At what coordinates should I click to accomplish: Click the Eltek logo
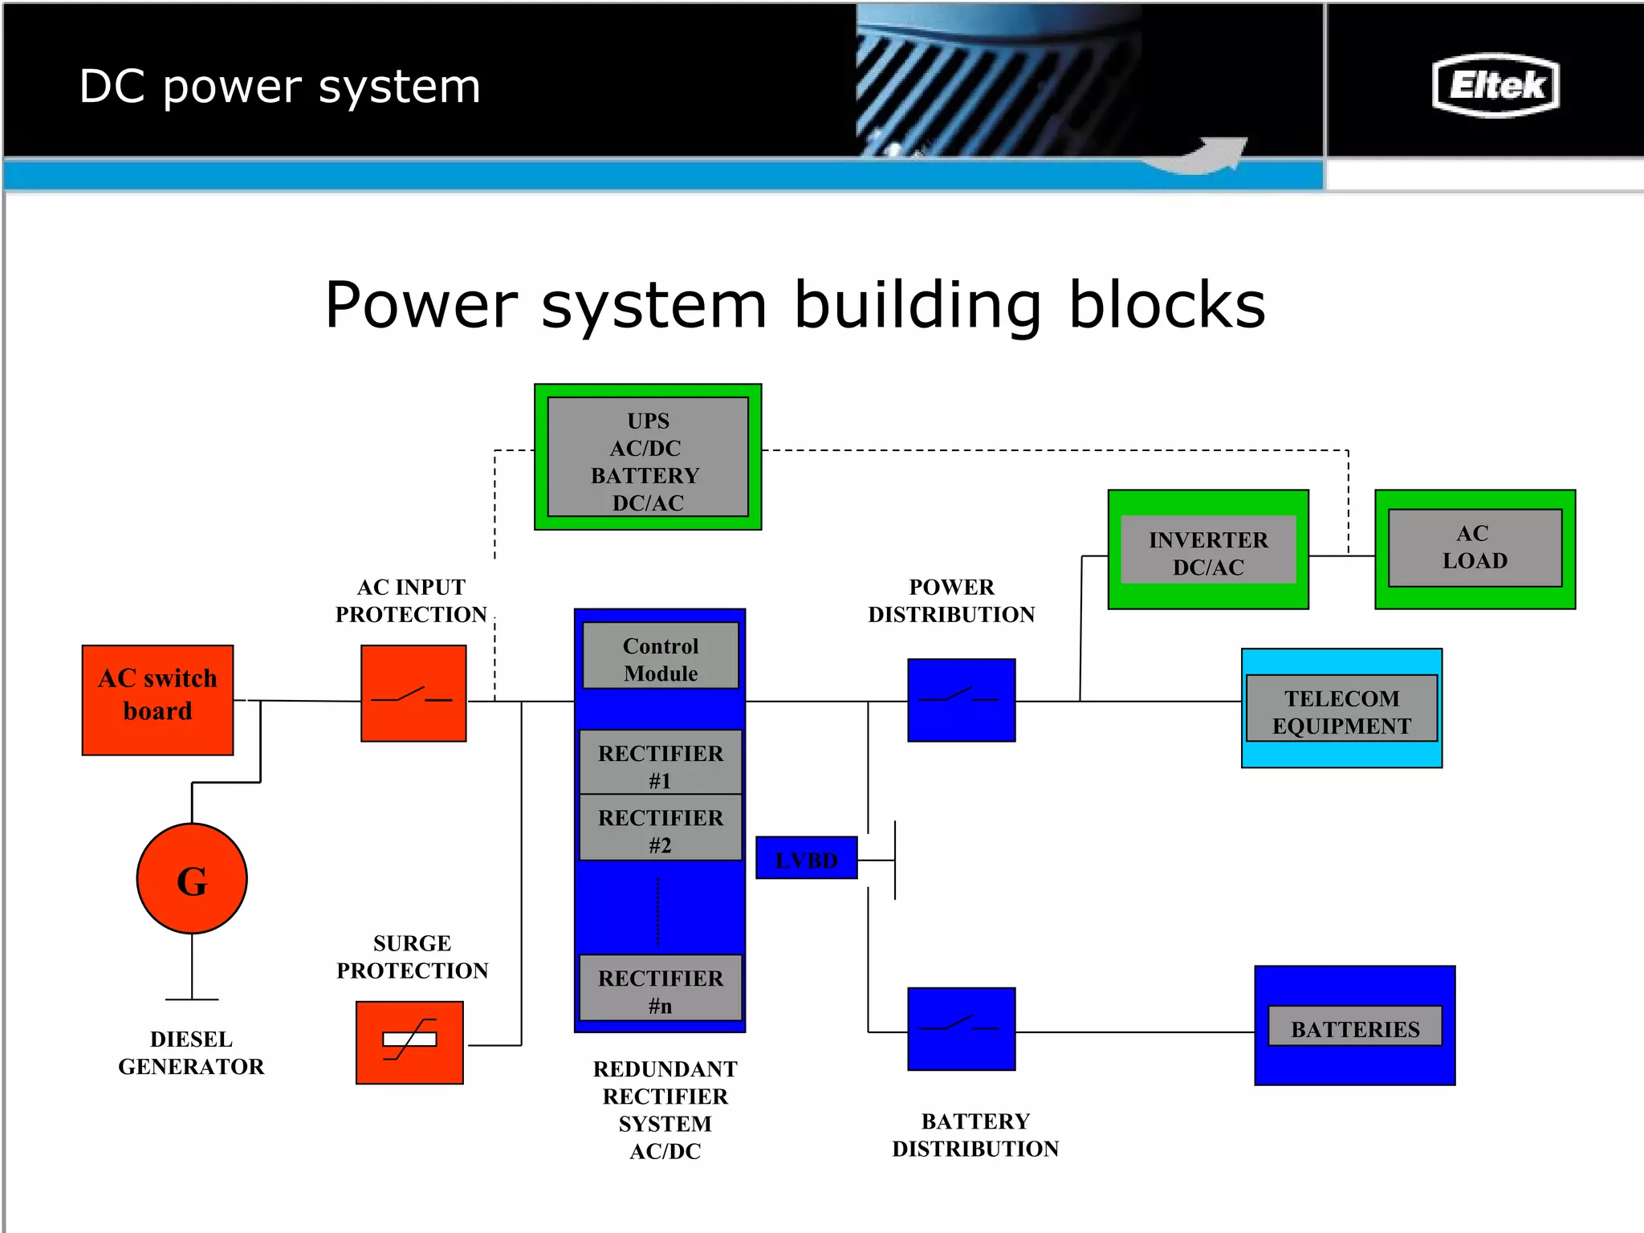coord(1495,85)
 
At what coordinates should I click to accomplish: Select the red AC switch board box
coord(157,699)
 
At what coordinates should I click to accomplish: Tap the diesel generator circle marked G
coord(192,879)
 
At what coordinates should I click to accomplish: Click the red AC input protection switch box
coord(413,694)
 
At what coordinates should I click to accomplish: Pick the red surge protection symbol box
coord(409,1042)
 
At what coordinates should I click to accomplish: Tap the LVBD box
coord(807,858)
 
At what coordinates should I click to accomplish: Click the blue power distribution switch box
coord(961,700)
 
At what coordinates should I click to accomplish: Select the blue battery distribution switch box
coord(961,1028)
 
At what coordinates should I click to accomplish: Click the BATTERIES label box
coord(1355,1027)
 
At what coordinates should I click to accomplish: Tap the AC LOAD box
coord(1475,548)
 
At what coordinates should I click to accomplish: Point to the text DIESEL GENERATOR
coord(191,1052)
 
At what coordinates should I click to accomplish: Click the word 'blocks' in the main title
coord(1166,305)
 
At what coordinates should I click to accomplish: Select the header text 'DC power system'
coord(279,87)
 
